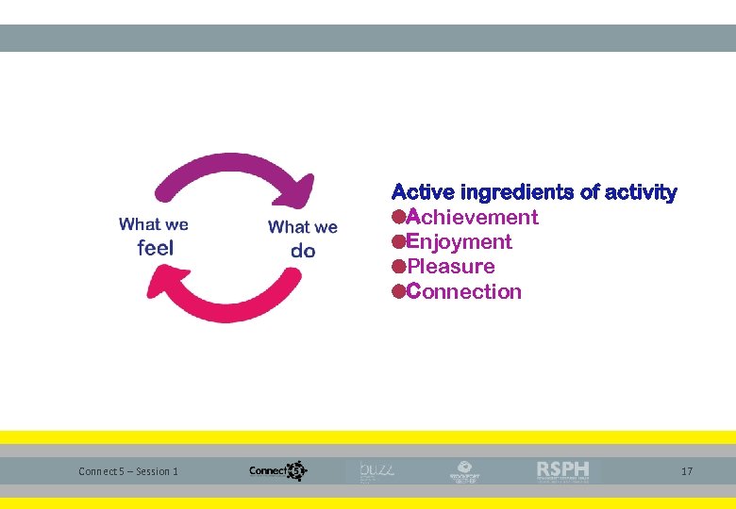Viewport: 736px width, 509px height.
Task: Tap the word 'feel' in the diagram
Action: [x=156, y=248]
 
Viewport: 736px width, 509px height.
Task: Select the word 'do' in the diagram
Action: [x=303, y=251]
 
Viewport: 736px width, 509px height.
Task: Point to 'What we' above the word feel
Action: [x=154, y=224]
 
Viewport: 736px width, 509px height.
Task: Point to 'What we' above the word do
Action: [x=303, y=227]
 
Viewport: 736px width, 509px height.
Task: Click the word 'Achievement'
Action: [x=472, y=218]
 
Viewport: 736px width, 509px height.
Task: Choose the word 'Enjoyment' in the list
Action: [x=460, y=242]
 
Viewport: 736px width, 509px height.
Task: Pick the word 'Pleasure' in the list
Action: [x=451, y=267]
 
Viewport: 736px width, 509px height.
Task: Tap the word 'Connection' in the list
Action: [x=464, y=292]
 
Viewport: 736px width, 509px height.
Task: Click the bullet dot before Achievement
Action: [x=399, y=218]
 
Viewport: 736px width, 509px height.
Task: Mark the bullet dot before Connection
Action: [x=399, y=292]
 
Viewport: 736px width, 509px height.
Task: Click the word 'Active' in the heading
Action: [x=424, y=193]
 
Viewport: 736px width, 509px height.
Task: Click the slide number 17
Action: [x=686, y=471]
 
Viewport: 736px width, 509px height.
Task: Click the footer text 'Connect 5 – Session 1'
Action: [x=128, y=471]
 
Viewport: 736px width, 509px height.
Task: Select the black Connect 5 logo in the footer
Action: [x=277, y=470]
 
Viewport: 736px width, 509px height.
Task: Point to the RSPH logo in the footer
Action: [x=563, y=470]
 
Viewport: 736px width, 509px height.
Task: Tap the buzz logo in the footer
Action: [x=378, y=470]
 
